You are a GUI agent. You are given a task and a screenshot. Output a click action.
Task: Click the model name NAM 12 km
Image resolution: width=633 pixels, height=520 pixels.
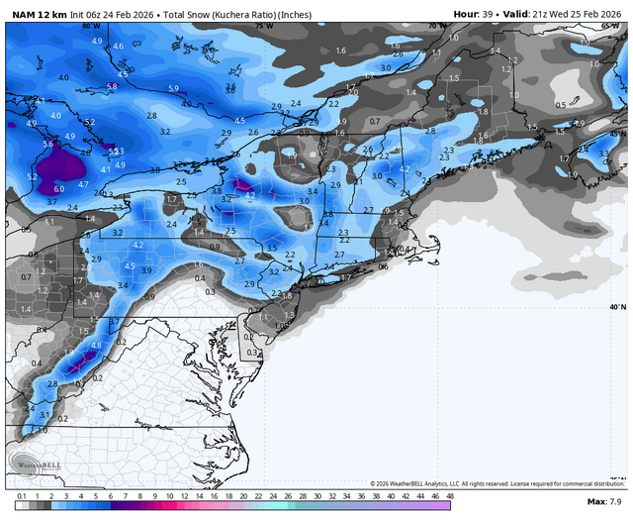coord(39,14)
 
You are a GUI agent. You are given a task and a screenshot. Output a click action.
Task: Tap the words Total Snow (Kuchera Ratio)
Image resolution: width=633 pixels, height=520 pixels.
coord(236,14)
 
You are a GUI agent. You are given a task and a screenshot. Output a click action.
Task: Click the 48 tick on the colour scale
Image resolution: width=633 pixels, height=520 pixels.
coord(450,494)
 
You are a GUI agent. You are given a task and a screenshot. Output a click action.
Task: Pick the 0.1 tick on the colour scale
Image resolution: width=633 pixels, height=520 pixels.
coord(22,494)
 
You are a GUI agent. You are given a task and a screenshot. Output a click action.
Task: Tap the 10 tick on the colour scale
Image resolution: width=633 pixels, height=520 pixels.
coord(170,494)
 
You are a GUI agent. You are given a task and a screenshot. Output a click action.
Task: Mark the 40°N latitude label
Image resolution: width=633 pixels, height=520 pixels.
coord(617,307)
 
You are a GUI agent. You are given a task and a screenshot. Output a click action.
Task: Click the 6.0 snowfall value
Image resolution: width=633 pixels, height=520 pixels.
coord(58,188)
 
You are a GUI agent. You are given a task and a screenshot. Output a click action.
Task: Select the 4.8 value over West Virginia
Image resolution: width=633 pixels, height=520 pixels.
coord(96,345)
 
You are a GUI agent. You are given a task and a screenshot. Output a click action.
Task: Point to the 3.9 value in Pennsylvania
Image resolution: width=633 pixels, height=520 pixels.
coord(146,270)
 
